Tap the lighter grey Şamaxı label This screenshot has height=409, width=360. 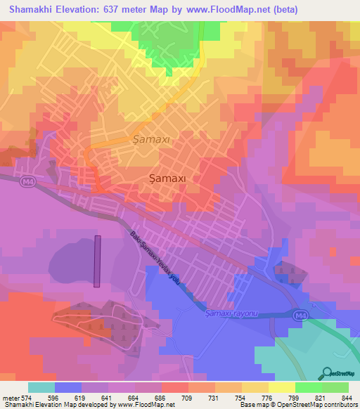coord(151,139)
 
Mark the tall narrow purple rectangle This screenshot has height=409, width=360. coord(97,261)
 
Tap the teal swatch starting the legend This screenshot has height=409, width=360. coord(41,387)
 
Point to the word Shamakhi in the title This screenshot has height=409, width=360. coord(30,9)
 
